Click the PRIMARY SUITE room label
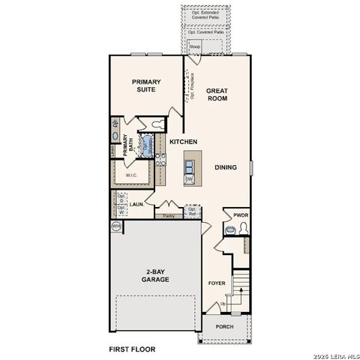[x=147, y=86]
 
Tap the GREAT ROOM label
[x=217, y=94]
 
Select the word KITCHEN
[x=183, y=142]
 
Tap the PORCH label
[x=224, y=327]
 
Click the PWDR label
[x=240, y=214]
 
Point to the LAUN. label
[x=136, y=203]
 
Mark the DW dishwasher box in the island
[x=190, y=179]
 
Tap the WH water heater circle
[x=116, y=225]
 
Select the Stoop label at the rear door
[x=194, y=45]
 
